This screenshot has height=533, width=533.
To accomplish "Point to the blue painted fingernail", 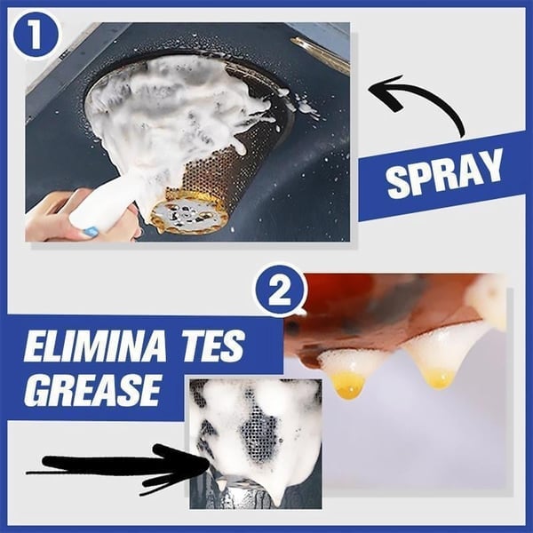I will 90,233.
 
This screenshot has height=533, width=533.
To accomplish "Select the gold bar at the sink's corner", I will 320,54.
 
